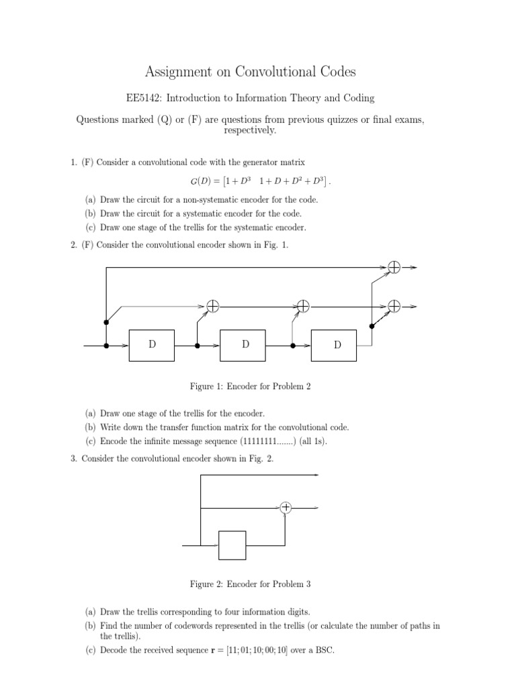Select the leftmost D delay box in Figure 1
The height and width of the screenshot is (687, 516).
152,346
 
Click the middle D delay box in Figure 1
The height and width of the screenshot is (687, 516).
245,346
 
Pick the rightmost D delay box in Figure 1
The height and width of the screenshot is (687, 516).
337,346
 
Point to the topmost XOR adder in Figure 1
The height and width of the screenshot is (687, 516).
394,267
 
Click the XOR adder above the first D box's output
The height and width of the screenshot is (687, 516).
212,306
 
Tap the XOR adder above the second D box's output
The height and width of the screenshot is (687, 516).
303,306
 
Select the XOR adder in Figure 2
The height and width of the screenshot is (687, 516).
286,508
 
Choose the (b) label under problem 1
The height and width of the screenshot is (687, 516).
90,213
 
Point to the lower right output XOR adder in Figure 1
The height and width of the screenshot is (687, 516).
394,306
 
